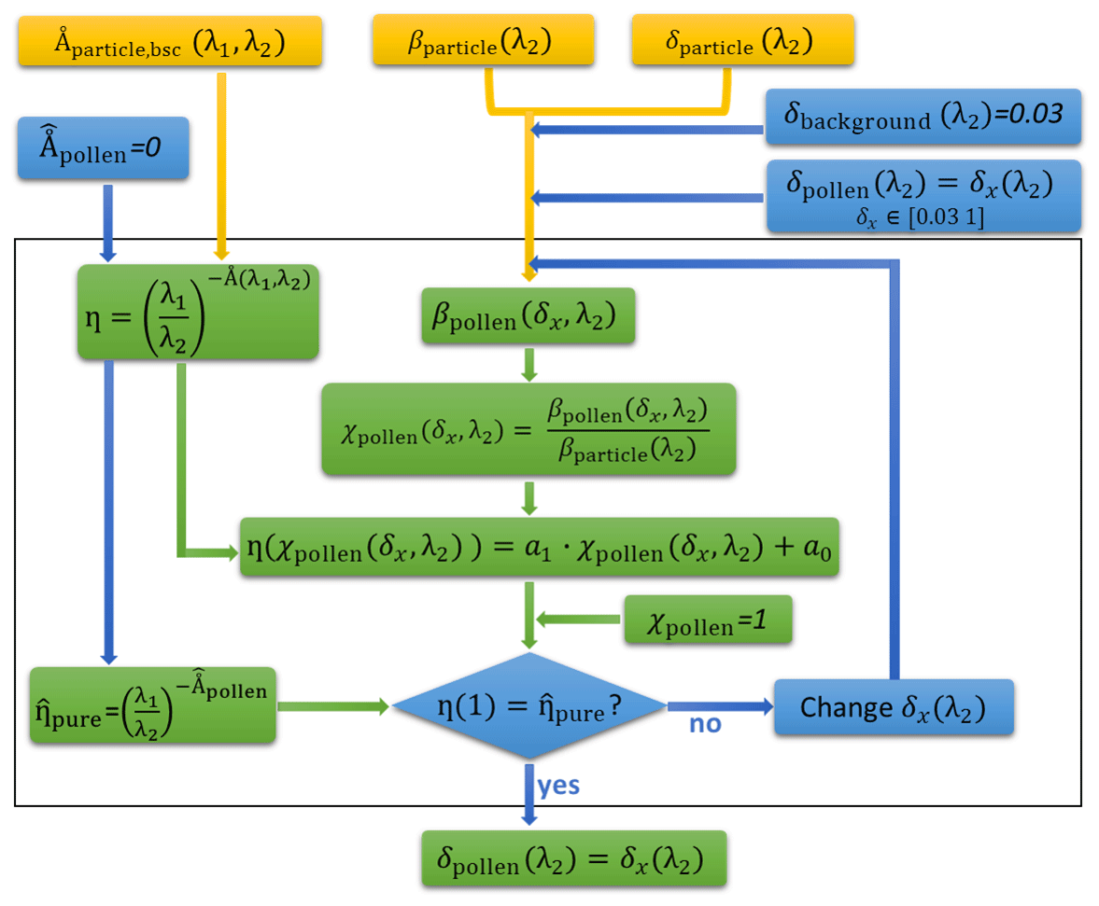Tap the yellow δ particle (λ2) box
point(742,41)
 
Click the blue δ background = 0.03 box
point(923,118)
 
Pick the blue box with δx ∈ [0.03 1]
point(923,196)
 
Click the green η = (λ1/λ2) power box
point(198,312)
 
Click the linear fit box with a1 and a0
point(540,549)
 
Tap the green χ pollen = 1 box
point(708,620)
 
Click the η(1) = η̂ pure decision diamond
point(529,706)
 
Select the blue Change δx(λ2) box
point(894,707)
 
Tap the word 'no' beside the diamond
point(705,724)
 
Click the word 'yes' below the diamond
point(558,785)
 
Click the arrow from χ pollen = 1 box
point(579,620)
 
